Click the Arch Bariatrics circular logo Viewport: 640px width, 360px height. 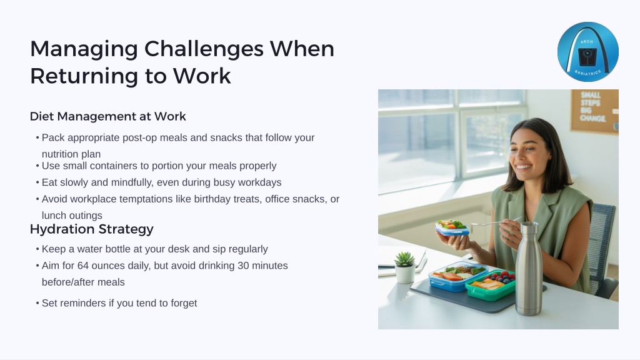[587, 52]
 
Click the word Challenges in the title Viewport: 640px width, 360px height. [204, 49]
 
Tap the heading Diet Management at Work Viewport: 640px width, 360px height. [107, 116]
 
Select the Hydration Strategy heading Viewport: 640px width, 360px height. [91, 229]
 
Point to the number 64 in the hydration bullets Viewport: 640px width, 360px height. [83, 266]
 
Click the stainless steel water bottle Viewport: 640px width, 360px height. [529, 269]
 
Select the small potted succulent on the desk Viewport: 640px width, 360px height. [404, 267]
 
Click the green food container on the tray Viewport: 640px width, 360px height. [491, 285]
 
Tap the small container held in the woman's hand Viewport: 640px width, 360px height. [452, 227]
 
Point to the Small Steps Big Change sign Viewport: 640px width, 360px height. [594, 111]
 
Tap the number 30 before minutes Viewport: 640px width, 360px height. [243, 266]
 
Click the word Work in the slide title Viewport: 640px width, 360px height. [202, 76]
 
